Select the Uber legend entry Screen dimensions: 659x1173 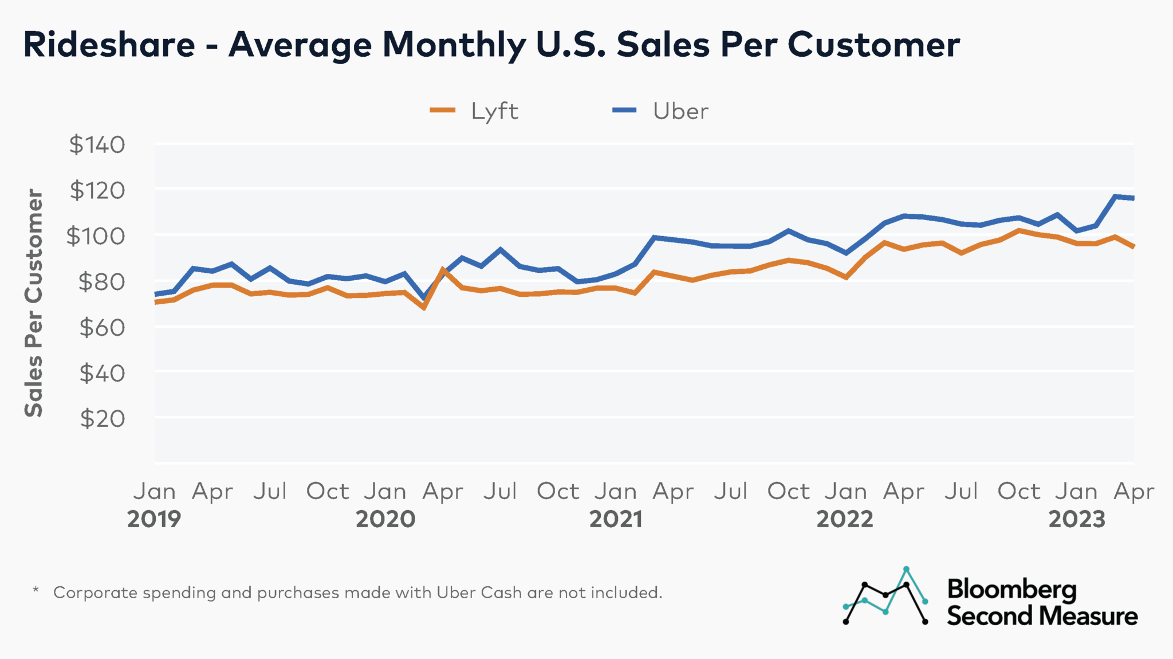(662, 111)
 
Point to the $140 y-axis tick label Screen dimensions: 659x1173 (97, 145)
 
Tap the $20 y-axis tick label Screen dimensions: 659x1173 (102, 419)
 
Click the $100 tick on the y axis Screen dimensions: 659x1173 (95, 236)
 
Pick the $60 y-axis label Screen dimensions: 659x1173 (102, 328)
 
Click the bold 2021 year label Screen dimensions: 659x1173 (616, 519)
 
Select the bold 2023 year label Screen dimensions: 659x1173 (1076, 519)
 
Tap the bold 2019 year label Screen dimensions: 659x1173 (153, 519)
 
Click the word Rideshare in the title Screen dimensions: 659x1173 (109, 45)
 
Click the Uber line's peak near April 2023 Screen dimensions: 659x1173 (1115, 197)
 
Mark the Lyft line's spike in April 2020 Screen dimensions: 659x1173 (443, 269)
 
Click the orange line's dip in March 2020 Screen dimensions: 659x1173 (424, 308)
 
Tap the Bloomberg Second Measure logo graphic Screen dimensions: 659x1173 (885, 597)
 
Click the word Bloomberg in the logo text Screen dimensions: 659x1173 (1011, 589)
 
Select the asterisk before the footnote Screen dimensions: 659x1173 (36, 590)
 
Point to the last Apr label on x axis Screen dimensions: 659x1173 (1133, 492)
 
